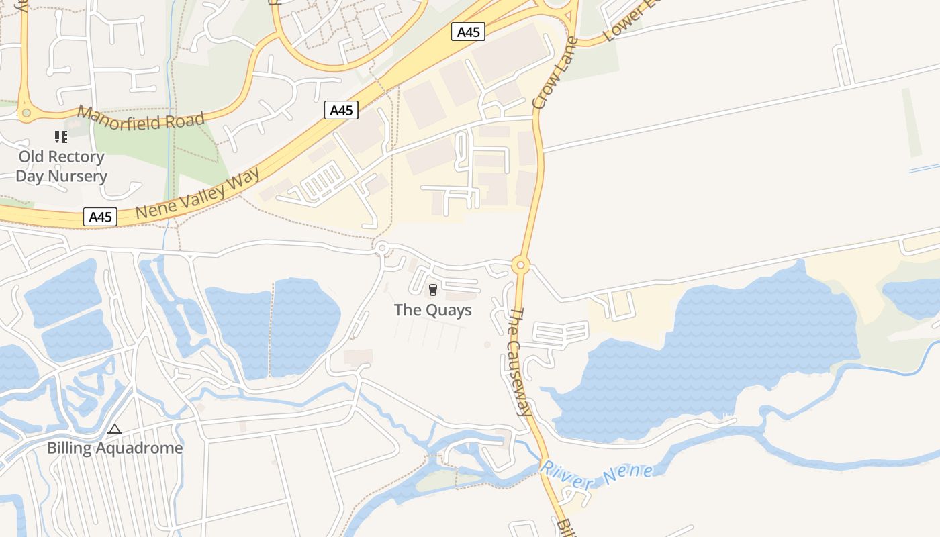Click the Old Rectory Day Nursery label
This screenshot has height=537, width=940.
click(x=61, y=166)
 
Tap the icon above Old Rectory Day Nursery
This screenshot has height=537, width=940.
click(x=61, y=137)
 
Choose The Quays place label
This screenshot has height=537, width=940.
click(x=432, y=310)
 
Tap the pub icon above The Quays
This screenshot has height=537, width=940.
click(x=432, y=290)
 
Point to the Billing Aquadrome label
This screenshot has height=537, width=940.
click(x=115, y=448)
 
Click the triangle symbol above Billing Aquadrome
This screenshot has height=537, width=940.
click(x=115, y=429)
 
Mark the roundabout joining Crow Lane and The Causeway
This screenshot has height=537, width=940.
click(x=520, y=266)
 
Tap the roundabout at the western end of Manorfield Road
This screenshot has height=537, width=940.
click(x=26, y=113)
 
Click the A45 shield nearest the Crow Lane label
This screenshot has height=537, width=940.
click(x=467, y=32)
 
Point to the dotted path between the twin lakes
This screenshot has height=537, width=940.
click(x=271, y=329)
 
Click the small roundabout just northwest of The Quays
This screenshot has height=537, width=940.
click(x=382, y=248)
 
